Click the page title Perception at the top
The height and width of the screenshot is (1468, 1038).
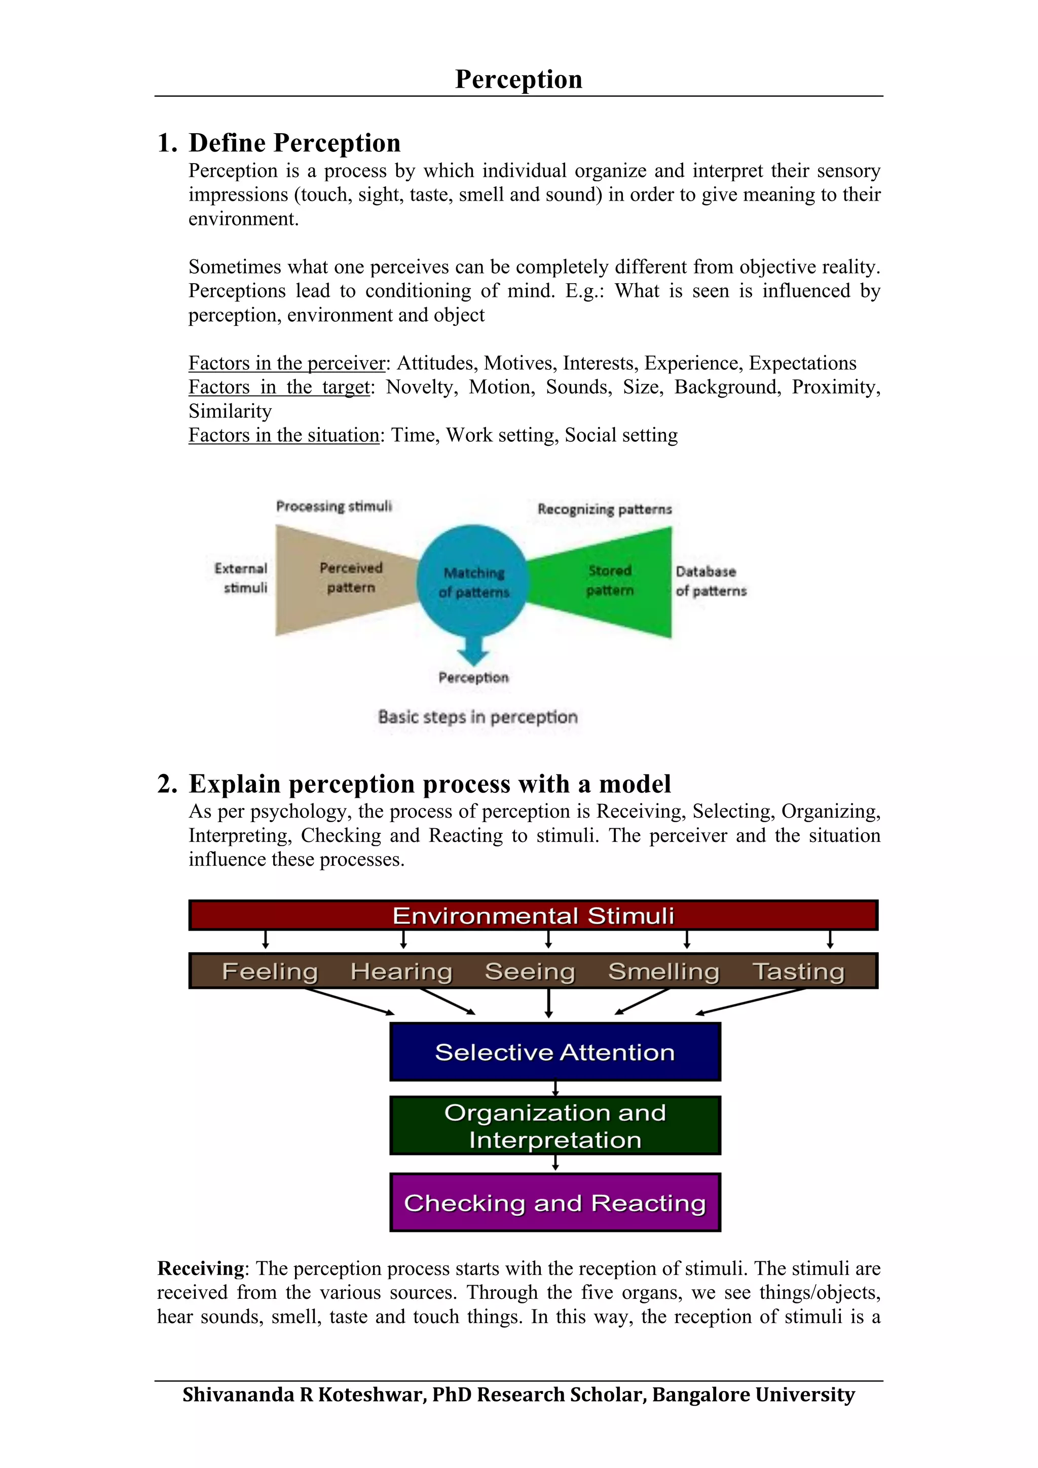click(x=518, y=80)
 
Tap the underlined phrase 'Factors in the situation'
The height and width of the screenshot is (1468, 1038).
click(x=284, y=436)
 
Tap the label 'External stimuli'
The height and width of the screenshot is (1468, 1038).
click(x=242, y=577)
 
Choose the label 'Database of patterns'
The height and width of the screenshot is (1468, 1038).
click(x=711, y=581)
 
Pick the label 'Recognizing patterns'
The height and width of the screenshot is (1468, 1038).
click(x=604, y=509)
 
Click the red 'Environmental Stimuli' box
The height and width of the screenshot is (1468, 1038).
click(x=533, y=915)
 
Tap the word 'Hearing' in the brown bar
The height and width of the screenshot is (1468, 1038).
click(x=401, y=971)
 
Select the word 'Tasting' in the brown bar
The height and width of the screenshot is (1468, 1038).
click(x=798, y=971)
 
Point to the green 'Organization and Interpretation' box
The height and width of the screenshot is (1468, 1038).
click(x=554, y=1126)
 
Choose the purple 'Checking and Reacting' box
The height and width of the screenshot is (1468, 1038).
click(x=554, y=1203)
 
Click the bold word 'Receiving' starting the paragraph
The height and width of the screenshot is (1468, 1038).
click(x=201, y=1268)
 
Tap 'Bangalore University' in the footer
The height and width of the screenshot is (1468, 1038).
click(x=753, y=1395)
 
